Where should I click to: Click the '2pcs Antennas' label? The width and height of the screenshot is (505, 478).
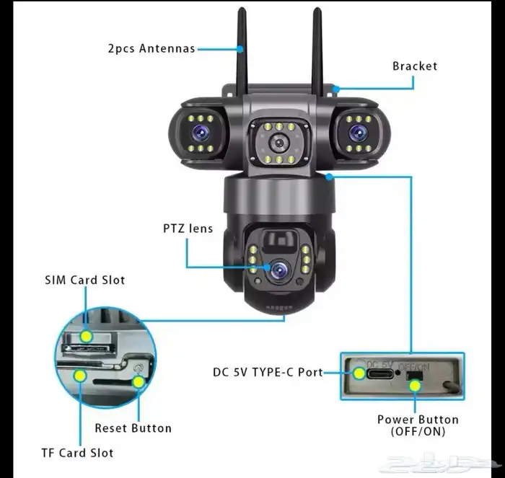150,49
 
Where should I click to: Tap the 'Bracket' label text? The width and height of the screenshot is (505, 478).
414,66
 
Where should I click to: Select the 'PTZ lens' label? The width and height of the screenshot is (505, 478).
188,229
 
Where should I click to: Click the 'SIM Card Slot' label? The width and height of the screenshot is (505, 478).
85,280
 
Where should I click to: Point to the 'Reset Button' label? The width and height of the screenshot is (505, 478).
133,428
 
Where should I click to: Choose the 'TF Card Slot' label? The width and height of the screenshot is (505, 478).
77,453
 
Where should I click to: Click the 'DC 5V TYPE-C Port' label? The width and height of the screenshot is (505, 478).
268,373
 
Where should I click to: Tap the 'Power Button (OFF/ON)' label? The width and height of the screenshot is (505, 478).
418,425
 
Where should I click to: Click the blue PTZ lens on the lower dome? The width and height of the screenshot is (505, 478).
277,270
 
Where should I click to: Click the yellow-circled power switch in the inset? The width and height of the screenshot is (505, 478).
415,383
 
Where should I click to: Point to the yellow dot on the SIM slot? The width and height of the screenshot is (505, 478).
87,335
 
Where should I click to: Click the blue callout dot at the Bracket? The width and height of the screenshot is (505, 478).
336,89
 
